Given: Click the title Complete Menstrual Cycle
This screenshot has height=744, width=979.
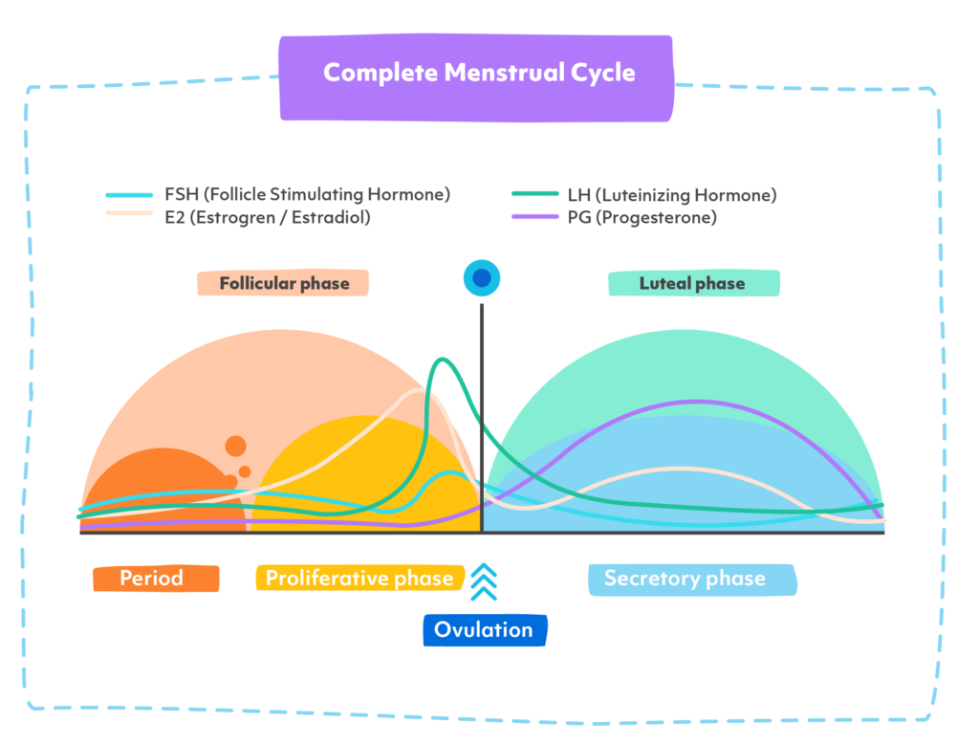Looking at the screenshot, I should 478,74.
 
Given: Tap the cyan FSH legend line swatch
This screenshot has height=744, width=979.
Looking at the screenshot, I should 130,195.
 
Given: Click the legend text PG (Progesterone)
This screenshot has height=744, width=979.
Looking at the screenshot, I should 642,218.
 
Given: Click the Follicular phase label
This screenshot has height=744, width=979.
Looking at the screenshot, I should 284,284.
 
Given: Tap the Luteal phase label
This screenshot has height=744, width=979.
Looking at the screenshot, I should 692,284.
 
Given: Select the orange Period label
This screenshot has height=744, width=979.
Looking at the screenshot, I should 153,579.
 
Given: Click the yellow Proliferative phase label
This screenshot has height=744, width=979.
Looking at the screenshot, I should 359,579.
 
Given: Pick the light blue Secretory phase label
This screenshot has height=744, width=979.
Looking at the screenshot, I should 685,579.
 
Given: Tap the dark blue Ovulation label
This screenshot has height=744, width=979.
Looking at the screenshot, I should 484,630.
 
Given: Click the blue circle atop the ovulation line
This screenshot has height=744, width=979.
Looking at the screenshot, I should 482,278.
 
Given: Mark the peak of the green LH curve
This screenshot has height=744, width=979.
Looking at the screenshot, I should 443,360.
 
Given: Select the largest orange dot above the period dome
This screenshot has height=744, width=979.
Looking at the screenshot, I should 235,446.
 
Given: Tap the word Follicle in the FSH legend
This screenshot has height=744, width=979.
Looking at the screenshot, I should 239,195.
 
